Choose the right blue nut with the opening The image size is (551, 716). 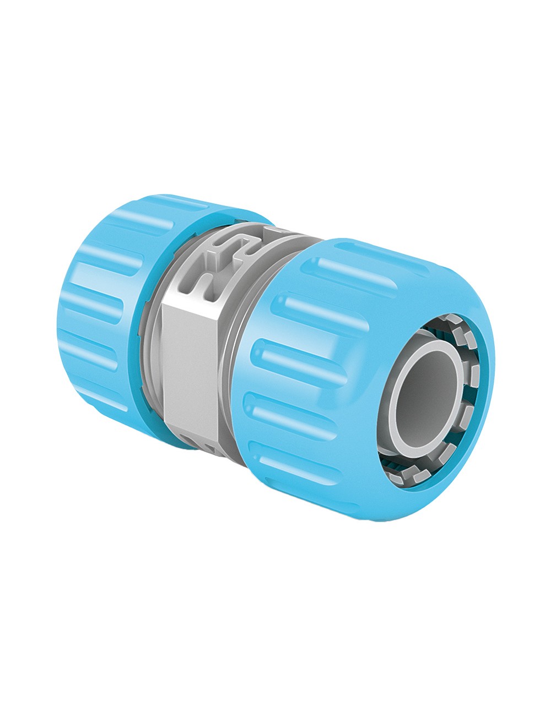pos(353,380)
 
